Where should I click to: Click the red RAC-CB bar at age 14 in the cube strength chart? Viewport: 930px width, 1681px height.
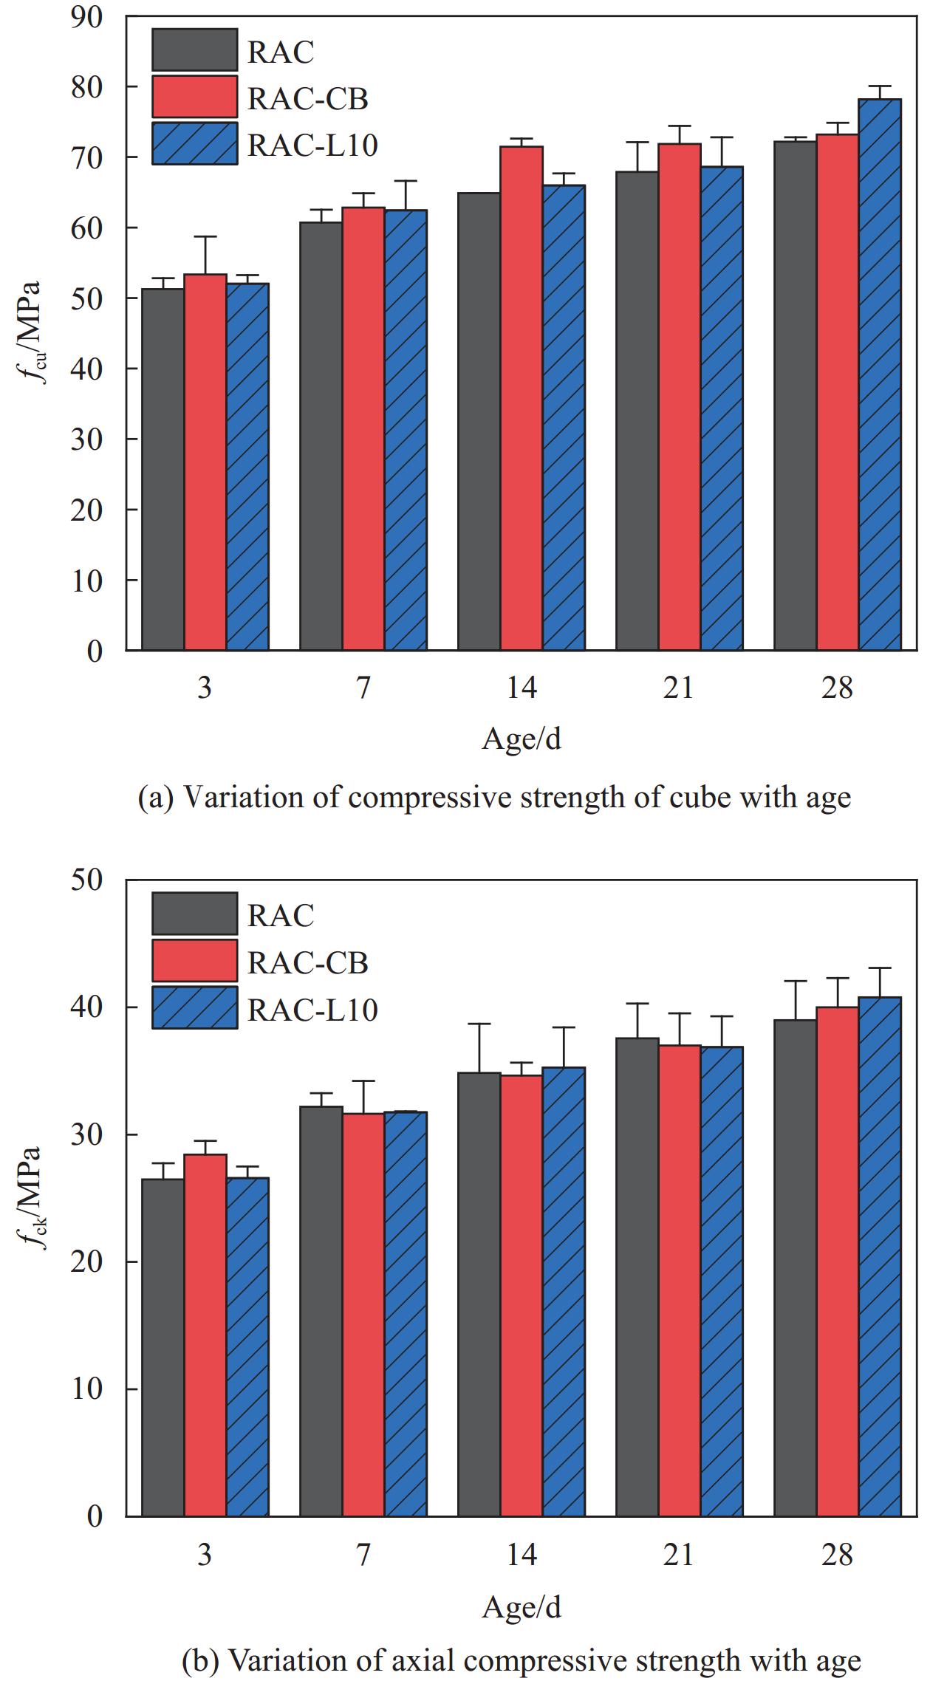(522, 398)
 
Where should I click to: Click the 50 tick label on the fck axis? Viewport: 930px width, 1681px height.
(86, 880)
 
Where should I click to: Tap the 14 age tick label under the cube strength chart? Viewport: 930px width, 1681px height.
(522, 688)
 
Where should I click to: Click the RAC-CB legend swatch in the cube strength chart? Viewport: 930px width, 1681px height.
(195, 97)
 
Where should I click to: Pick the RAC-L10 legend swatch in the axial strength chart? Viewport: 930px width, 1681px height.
(195, 1007)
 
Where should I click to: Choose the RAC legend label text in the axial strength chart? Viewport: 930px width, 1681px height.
(281, 916)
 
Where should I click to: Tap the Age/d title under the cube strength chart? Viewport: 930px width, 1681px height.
(522, 738)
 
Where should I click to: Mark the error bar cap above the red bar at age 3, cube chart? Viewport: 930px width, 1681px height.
(205, 237)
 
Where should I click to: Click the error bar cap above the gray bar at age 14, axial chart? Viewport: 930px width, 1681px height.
(479, 1024)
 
